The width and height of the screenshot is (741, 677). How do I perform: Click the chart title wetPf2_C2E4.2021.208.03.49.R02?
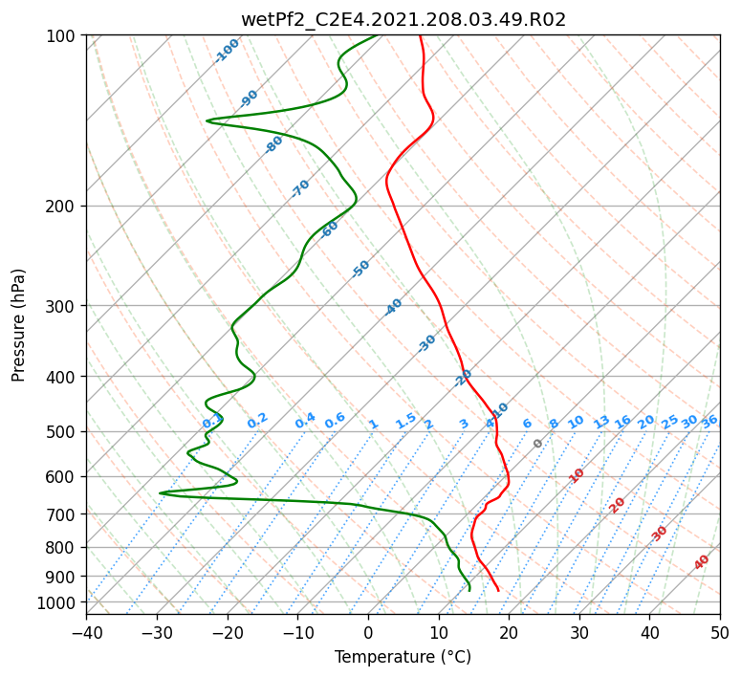pos(403,20)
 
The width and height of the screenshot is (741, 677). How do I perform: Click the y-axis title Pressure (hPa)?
pos(18,325)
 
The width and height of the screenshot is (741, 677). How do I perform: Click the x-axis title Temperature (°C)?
pos(403,657)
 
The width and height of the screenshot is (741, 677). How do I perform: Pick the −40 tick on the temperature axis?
pos(86,632)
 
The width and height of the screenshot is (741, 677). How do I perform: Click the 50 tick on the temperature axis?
pos(720,632)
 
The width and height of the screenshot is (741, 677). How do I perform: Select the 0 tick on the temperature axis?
pos(368,632)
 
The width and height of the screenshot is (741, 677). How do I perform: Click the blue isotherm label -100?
pos(227,51)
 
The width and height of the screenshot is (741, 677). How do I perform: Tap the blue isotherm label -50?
pos(360,269)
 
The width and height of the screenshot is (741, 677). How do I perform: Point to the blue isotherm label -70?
pos(300,187)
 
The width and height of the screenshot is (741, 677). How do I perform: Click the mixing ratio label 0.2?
pos(257,421)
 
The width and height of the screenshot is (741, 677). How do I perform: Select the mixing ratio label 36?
pos(709,421)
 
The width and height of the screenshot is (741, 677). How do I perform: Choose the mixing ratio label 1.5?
pos(406,421)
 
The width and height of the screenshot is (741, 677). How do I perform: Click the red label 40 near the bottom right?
pos(701,562)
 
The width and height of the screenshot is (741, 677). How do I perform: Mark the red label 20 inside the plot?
pos(617,506)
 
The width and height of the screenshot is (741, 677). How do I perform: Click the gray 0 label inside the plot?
pos(537,444)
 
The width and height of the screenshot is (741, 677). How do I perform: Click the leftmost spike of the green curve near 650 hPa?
pos(160,493)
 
